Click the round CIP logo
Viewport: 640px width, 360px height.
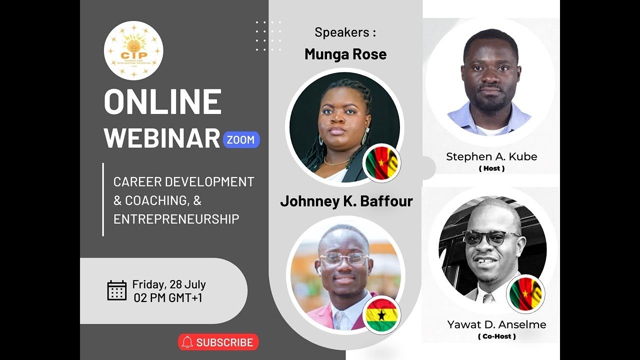pyautogui.click(x=133, y=50)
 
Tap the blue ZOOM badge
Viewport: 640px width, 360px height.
pyautogui.click(x=240, y=140)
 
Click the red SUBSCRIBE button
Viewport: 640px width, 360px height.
pyautogui.click(x=218, y=342)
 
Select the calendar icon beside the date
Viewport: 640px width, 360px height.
pyautogui.click(x=117, y=290)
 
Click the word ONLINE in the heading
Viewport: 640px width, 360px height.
pyautogui.click(x=162, y=102)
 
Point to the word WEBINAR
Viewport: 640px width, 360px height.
pyautogui.click(x=162, y=138)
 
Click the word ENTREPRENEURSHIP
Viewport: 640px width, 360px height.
pyautogui.click(x=176, y=219)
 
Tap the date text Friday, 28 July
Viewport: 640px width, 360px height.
pyautogui.click(x=169, y=285)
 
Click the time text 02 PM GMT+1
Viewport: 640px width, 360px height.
pyautogui.click(x=168, y=298)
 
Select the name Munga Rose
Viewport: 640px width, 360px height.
pyautogui.click(x=345, y=54)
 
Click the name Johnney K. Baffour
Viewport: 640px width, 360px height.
pyautogui.click(x=346, y=201)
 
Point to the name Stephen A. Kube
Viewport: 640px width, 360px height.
pyautogui.click(x=491, y=156)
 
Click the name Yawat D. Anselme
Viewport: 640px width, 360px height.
pyautogui.click(x=496, y=325)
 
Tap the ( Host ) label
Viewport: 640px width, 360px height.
pyautogui.click(x=491, y=168)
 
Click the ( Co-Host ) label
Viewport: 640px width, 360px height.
pyautogui.click(x=496, y=336)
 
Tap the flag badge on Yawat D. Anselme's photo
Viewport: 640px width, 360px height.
pyautogui.click(x=525, y=293)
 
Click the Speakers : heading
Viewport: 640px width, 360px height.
pyautogui.click(x=345, y=33)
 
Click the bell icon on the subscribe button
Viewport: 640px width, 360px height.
pyautogui.click(x=187, y=342)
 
